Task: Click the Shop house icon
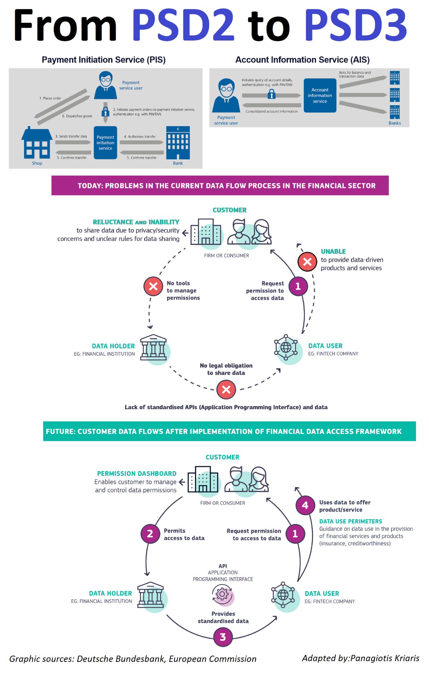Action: click(x=37, y=144)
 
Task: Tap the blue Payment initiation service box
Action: click(x=105, y=143)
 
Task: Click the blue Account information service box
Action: click(x=320, y=95)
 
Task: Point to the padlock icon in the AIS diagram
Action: click(x=271, y=95)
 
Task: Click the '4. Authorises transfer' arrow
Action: click(x=141, y=142)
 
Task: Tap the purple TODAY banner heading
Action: click(x=220, y=185)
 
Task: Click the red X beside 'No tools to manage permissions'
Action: click(x=153, y=286)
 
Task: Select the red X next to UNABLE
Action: click(x=307, y=262)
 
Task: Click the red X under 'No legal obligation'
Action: click(x=226, y=389)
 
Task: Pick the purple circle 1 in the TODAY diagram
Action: click(x=298, y=286)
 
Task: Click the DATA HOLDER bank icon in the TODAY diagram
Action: click(x=154, y=347)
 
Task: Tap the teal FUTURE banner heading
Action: click(x=229, y=431)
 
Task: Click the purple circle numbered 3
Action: click(x=223, y=637)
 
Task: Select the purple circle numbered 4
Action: click(x=305, y=505)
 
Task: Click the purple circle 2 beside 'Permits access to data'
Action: click(x=150, y=534)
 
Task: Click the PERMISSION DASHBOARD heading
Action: click(x=136, y=474)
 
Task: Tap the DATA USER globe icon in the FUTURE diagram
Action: click(x=283, y=595)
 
